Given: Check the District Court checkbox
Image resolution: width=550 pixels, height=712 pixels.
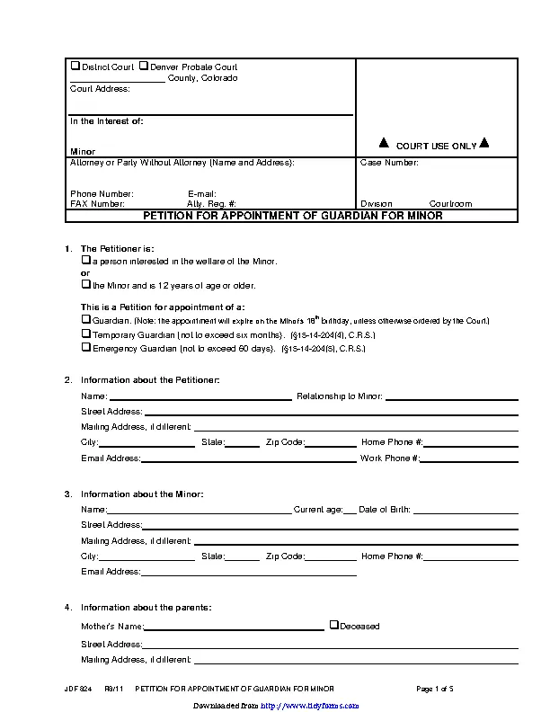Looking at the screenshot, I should (75, 67).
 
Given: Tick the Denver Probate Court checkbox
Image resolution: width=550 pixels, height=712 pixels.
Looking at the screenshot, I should (144, 67).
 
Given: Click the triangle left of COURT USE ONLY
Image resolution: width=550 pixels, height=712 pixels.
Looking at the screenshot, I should (383, 143).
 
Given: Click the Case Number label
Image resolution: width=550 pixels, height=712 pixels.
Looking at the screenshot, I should (389, 163).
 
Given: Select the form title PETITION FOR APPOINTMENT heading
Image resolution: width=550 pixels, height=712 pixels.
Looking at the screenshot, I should (293, 216).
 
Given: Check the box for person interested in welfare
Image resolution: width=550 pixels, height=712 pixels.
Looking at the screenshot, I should (86, 260).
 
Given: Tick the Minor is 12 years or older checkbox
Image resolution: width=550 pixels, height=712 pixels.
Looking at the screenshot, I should (86, 284).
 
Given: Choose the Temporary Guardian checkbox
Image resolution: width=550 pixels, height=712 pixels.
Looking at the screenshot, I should (86, 333).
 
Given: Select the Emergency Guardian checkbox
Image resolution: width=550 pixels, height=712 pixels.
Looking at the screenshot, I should (86, 346).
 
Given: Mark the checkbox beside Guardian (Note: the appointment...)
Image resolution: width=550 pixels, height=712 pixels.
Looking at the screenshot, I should (86, 319).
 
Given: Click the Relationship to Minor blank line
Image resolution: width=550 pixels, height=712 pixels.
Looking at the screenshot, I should (452, 396).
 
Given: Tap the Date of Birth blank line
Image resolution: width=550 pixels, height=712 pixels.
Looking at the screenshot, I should (466, 510).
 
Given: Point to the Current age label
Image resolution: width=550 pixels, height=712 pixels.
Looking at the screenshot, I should (318, 510).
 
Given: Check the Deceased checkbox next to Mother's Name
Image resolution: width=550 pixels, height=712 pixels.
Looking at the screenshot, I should (333, 625).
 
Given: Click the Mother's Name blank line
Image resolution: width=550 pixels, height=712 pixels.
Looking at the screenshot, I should (234, 627).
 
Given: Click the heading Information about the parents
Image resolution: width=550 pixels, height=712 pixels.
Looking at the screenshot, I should (146, 608).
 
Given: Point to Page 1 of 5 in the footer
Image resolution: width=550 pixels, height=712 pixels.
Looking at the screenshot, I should (435, 689).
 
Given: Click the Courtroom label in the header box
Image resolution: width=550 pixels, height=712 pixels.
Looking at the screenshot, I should (450, 204).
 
